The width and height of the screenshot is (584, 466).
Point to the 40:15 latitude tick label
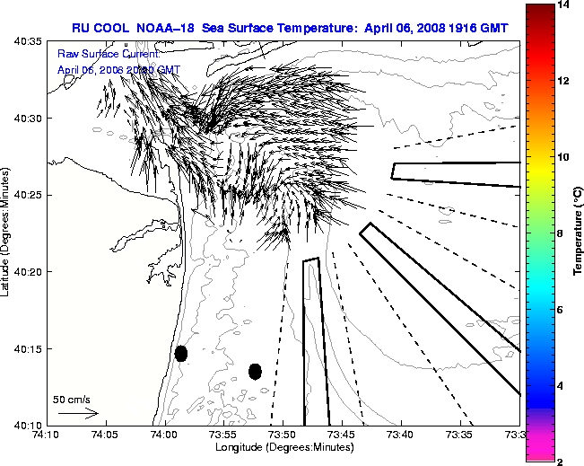29,348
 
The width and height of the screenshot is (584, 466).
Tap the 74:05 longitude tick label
105,435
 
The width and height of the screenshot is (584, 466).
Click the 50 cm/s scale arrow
77,413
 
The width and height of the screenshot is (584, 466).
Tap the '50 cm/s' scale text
71,399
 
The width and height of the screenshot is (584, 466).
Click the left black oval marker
181,353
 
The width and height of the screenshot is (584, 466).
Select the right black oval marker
256,371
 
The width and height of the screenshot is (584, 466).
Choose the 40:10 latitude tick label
29,425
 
